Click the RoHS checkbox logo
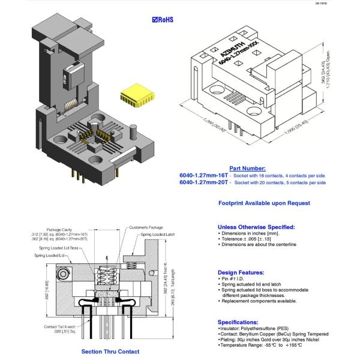163,19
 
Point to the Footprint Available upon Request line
264,203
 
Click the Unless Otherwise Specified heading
256,227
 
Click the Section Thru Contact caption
110,352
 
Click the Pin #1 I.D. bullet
232,279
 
